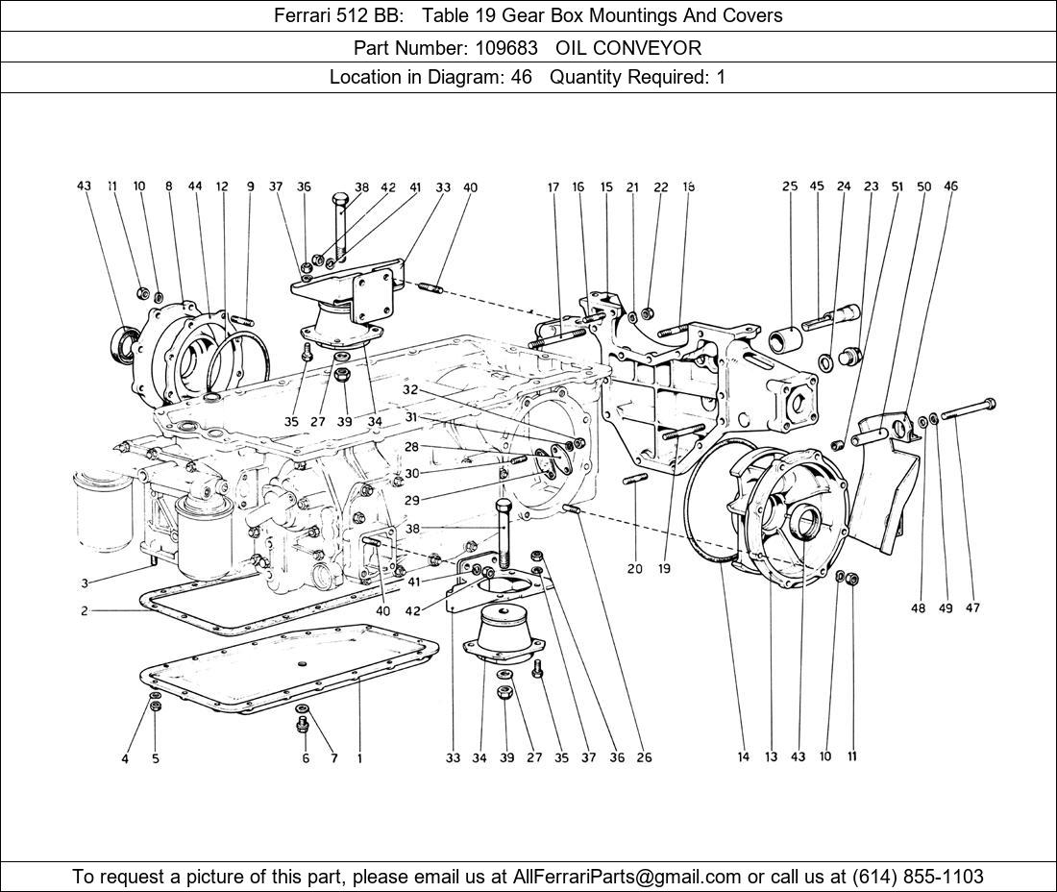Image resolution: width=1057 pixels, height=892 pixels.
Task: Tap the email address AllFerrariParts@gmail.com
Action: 627,877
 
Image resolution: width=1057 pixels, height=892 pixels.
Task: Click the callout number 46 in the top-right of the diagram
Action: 950,186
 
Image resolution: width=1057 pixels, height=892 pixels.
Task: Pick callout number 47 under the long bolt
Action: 972,608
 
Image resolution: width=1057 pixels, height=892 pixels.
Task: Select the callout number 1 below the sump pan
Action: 359,758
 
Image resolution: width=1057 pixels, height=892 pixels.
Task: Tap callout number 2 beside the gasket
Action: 85,611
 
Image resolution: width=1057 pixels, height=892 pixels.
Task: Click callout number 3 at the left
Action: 85,583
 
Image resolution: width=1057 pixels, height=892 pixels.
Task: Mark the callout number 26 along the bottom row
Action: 644,757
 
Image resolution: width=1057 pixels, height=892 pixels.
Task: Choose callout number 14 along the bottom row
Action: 743,757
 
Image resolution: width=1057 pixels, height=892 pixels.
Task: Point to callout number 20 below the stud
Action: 634,569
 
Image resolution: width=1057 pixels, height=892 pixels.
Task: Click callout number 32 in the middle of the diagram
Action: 410,390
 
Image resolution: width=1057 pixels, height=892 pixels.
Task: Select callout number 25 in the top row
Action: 790,186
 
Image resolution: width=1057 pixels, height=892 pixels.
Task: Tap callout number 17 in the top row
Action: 553,187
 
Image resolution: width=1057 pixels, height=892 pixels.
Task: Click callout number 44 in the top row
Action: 195,186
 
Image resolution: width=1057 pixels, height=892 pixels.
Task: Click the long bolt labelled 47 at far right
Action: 967,409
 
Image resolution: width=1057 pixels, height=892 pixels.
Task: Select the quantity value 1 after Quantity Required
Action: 721,77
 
